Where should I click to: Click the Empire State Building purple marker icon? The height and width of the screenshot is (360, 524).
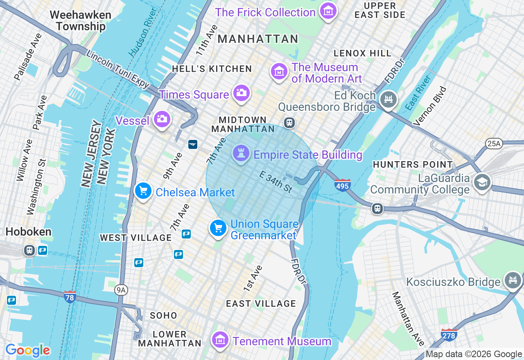tap(241, 154)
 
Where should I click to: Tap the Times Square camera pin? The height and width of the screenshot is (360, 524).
tap(241, 93)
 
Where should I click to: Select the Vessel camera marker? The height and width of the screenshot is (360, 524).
tap(162, 119)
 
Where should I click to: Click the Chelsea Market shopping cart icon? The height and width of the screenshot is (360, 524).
tap(143, 191)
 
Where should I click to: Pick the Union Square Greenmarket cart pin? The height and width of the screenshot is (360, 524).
tap(218, 228)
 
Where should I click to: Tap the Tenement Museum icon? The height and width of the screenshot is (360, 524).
tap(220, 340)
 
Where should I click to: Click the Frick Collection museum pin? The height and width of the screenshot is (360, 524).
tap(328, 11)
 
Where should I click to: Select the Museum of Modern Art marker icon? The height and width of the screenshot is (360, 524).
tap(279, 72)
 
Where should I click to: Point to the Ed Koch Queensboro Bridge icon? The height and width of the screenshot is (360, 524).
tap(388, 99)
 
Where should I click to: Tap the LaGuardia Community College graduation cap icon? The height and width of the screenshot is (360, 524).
tap(482, 182)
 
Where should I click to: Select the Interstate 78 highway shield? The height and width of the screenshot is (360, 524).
tap(70, 297)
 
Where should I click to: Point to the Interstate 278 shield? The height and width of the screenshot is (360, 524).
tap(449, 335)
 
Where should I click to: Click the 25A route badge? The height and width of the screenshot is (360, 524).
tap(494, 143)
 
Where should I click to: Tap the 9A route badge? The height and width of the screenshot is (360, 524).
tap(121, 290)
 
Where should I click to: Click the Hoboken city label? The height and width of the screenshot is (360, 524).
tap(28, 232)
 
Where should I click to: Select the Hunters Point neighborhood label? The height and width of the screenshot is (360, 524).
tap(413, 164)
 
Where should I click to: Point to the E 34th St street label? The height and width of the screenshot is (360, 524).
tap(276, 182)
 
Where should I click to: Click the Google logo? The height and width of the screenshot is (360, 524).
tap(28, 351)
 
